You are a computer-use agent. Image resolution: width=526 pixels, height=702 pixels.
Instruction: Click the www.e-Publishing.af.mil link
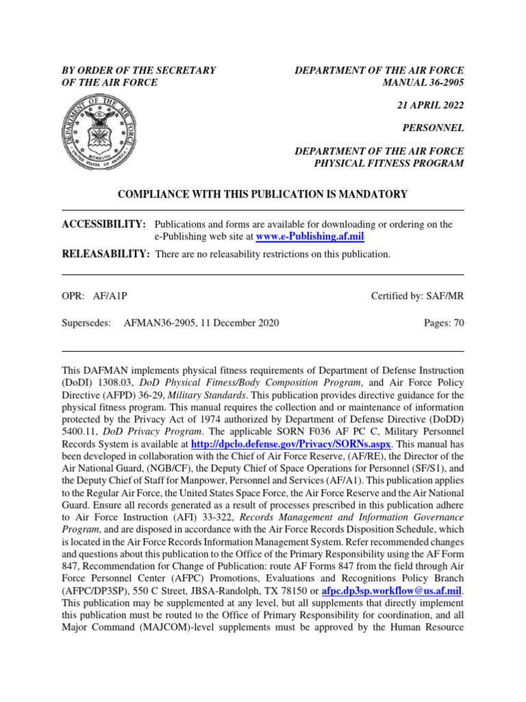(x=310, y=237)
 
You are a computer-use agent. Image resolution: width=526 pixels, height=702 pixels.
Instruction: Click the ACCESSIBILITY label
(x=103, y=224)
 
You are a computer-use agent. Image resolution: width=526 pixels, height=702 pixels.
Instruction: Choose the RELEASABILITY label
(x=105, y=254)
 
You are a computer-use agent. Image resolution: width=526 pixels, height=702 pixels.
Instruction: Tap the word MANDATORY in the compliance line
(x=371, y=195)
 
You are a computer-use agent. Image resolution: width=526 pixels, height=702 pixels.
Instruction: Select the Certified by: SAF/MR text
(x=417, y=296)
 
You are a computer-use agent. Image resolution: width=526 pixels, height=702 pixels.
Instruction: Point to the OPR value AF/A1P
(x=110, y=296)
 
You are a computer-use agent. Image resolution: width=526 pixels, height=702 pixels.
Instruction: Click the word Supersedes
(x=86, y=323)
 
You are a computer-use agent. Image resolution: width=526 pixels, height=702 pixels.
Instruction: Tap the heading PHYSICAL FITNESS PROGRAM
(x=388, y=163)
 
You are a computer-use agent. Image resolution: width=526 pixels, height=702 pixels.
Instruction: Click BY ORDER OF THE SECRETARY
(x=139, y=71)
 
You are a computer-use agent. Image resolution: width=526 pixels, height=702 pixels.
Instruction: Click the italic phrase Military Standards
(x=213, y=396)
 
